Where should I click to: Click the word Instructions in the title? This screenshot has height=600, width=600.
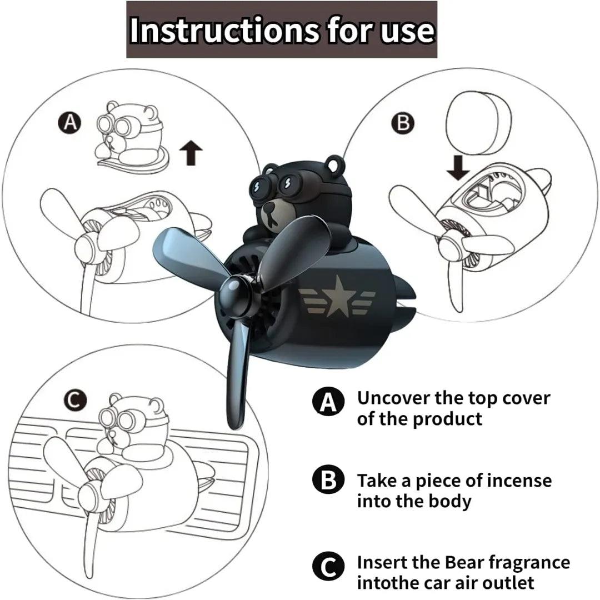[224, 30]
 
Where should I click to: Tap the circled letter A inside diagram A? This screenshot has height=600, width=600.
[69, 123]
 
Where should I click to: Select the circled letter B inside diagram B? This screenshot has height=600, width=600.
[403, 123]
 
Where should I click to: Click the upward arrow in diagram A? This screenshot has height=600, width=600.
[191, 152]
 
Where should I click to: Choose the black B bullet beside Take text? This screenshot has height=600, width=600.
[328, 480]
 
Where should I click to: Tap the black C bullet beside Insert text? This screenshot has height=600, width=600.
[328, 567]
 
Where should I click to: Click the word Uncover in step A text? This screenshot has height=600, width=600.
[393, 398]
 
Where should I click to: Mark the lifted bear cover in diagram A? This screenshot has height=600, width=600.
[130, 136]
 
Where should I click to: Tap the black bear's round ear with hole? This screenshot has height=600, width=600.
[334, 163]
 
